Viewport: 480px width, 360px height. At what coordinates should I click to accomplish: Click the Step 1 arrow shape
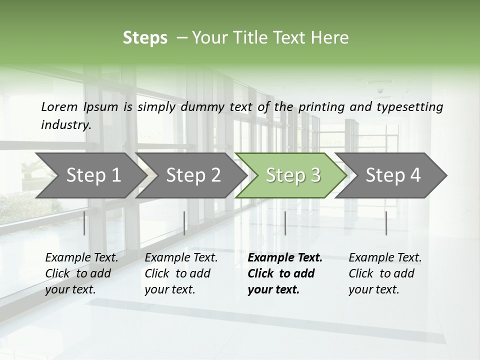pos(90,175)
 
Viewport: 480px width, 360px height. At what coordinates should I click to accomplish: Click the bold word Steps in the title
pos(145,38)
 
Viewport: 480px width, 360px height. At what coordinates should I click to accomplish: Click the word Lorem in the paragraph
pos(59,107)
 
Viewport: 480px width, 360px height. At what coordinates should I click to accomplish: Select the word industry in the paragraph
pos(65,125)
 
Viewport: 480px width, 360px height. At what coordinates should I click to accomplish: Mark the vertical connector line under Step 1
pos(84,223)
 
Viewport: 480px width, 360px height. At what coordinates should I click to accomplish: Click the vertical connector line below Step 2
pos(184,223)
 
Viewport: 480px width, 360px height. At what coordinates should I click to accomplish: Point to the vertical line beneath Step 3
pos(285,223)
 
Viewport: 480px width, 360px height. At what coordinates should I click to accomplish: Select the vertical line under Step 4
pos(386,223)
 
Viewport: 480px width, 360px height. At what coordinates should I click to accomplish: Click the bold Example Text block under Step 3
pos(284,273)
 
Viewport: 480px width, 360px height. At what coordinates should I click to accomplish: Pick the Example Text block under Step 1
pos(81,273)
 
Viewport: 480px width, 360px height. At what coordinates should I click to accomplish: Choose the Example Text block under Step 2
pos(180,273)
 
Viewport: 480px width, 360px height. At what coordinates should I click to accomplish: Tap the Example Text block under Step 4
pos(384,273)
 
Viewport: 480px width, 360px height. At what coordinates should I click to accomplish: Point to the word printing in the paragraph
pos(322,107)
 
